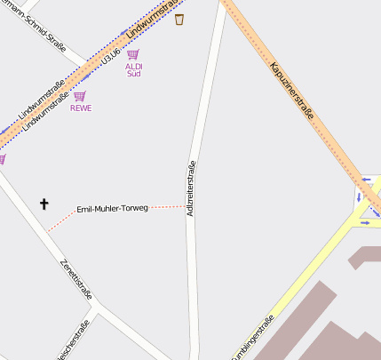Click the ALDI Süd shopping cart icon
[133, 54]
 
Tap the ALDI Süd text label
[133, 69]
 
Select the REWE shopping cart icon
[80, 96]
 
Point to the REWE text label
[81, 108]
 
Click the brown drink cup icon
[179, 19]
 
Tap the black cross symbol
[44, 204]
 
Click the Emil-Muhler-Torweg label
[113, 208]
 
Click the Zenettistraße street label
[75, 279]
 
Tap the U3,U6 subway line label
[110, 57]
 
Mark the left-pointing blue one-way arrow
[366, 178]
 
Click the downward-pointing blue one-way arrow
[359, 197]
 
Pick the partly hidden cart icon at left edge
[2, 159]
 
